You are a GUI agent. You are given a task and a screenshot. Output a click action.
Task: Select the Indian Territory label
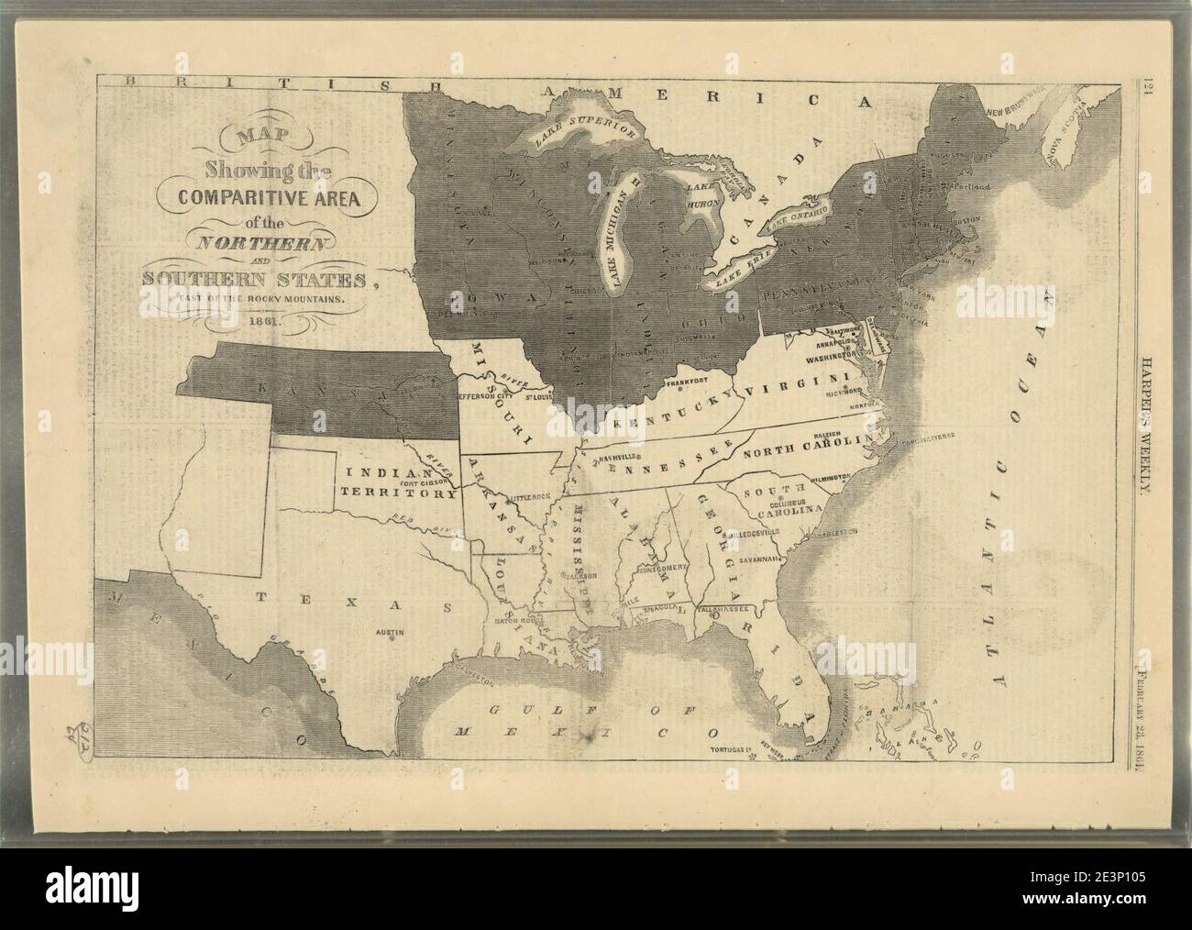[x=401, y=482]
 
